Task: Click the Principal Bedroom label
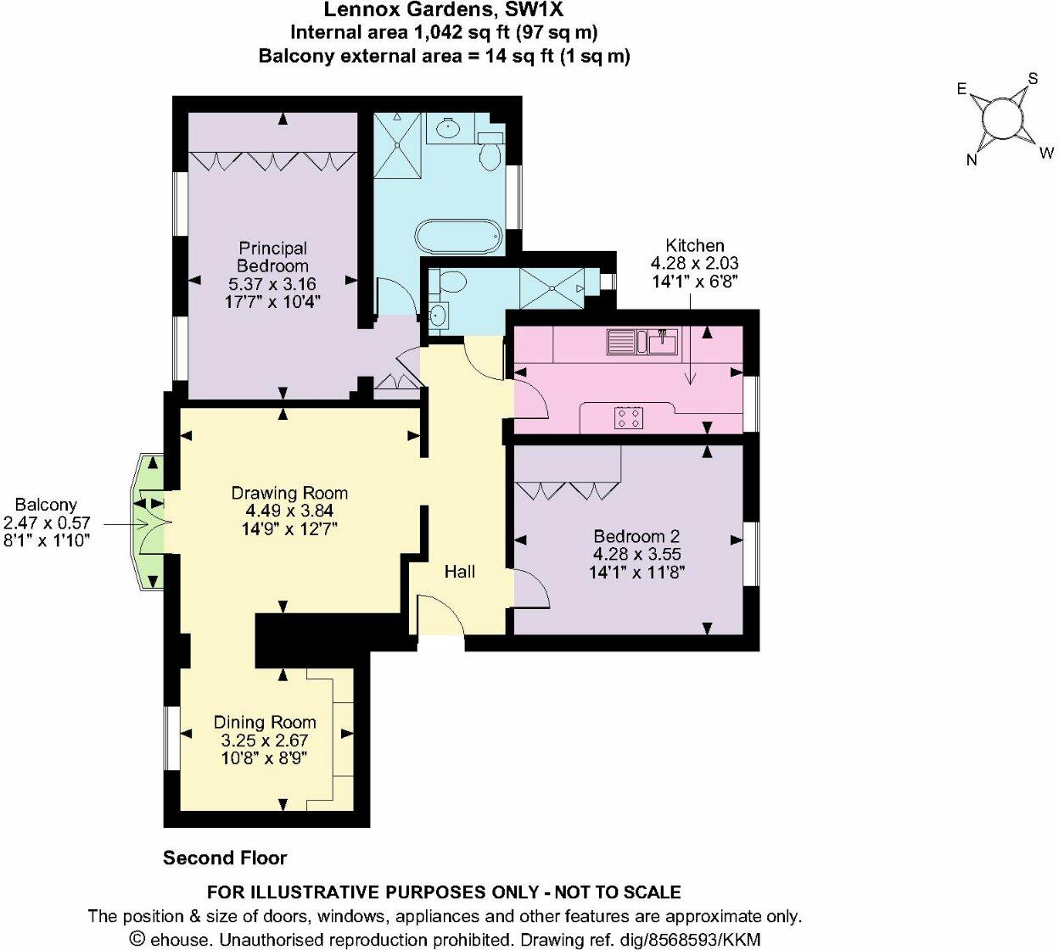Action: coord(272,257)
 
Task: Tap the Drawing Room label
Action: coord(289,493)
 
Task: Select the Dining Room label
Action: coord(265,722)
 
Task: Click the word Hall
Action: coord(460,572)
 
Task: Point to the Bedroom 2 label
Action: coord(636,536)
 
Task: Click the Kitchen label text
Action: coord(694,245)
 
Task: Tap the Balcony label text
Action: coord(46,505)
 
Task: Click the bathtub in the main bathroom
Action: coord(458,237)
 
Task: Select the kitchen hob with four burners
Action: coord(629,417)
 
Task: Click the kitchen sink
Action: coord(662,342)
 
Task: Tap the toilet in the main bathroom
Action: coord(490,153)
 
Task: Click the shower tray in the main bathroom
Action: coord(397,146)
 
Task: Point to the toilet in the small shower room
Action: coord(449,282)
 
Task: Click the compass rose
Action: coord(1002,119)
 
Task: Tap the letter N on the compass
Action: coord(972,159)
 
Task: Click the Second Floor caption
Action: coord(225,858)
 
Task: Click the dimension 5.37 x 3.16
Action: coord(272,284)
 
